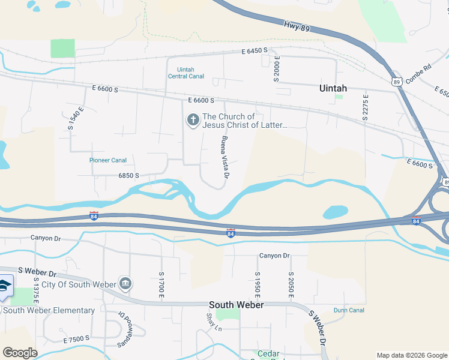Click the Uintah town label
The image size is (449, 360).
coord(333,88)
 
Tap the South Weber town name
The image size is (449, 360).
coord(236,305)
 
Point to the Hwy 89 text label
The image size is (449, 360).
coord(297,26)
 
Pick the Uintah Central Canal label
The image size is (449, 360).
coord(186,73)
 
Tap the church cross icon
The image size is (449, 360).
coord(193,121)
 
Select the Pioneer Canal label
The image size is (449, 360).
coord(107,160)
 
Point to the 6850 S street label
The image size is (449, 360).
coord(128,176)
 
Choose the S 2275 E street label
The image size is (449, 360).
coord(365,107)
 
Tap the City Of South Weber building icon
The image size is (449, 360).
coord(125,283)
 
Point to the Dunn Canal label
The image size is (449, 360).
coord(349,310)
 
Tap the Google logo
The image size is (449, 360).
coord(20,352)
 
